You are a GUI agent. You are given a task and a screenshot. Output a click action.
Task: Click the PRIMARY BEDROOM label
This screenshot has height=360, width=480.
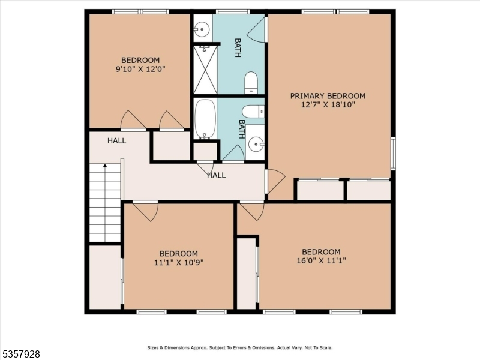click(x=328, y=96)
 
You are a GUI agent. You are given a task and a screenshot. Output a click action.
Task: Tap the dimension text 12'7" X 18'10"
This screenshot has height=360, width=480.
click(x=328, y=105)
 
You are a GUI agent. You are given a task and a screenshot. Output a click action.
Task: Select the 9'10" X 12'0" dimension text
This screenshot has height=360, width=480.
click(x=140, y=69)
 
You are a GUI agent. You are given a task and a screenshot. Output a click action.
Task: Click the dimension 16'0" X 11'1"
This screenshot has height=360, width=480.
click(x=321, y=260)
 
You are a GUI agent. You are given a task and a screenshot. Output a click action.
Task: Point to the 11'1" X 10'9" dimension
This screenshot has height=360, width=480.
click(x=178, y=262)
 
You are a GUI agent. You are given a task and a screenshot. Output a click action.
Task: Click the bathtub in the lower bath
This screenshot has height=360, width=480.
click(x=205, y=118)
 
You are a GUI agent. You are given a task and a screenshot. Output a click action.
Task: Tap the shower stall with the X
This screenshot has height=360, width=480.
click(x=205, y=69)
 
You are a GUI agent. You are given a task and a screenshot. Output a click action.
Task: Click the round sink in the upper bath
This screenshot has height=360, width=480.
click(x=202, y=28)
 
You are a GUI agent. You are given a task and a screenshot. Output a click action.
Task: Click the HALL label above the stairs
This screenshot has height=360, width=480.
click(x=116, y=141)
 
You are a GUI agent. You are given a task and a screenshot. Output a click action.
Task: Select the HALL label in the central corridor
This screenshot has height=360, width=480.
click(x=216, y=175)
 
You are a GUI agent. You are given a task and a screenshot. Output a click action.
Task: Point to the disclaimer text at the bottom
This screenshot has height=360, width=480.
click(x=240, y=347)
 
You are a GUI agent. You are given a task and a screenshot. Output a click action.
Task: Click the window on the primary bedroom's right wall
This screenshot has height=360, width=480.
click(x=393, y=154)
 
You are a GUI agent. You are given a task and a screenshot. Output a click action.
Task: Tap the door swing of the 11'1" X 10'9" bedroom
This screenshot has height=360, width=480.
click(x=146, y=211)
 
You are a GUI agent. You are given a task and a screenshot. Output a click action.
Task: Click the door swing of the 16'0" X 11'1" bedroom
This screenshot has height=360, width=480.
click(x=253, y=211)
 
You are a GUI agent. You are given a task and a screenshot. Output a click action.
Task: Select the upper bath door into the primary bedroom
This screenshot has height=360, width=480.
click(x=258, y=30)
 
